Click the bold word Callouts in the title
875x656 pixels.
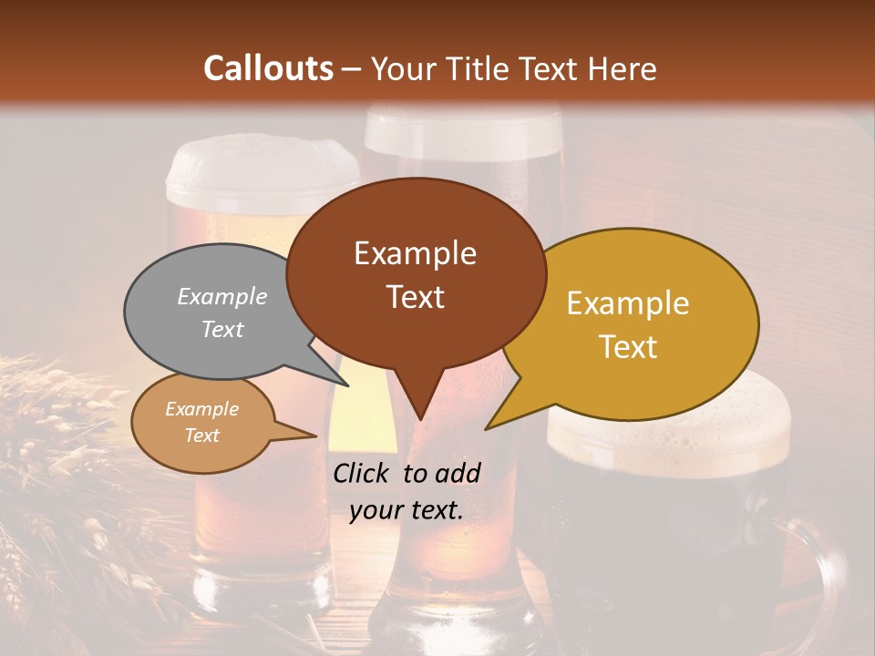click(x=268, y=68)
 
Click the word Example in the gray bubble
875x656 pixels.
click(x=222, y=297)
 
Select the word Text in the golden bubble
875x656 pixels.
click(x=628, y=346)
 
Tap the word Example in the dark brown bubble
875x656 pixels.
click(x=415, y=253)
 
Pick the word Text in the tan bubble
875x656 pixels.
click(x=201, y=436)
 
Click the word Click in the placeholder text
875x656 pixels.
click(x=362, y=473)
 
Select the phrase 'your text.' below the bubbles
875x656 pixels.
click(x=407, y=511)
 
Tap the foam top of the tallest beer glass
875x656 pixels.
click(x=463, y=132)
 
